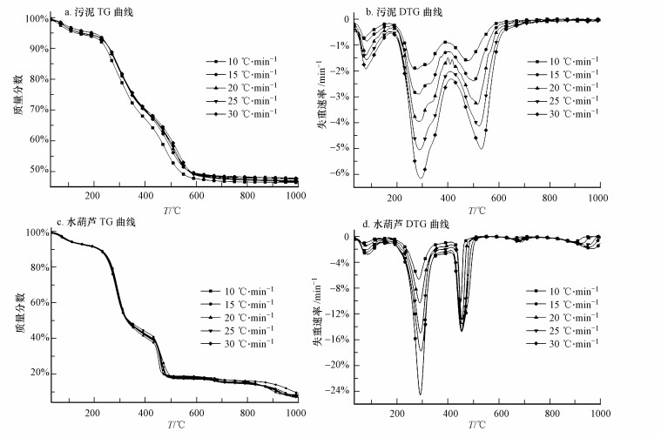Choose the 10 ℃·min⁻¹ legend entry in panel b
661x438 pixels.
point(567,62)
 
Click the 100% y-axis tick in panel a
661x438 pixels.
point(35,18)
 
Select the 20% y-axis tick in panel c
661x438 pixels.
point(36,373)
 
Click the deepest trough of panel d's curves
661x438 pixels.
point(420,394)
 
